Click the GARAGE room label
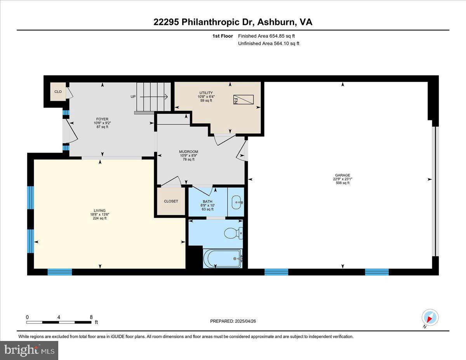pos(343,175)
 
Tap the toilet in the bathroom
pos(233,233)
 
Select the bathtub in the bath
pos(223,258)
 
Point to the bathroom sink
pos(237,202)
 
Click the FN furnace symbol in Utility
pos(243,99)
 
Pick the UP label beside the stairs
pos(133,97)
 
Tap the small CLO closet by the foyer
pos(58,92)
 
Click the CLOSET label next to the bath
pos(171,201)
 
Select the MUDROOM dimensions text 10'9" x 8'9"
pos(188,155)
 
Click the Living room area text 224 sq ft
pos(100,218)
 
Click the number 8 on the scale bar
pos(91,317)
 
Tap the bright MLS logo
pos(29,350)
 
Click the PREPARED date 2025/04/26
pos(245,321)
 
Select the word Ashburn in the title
pos(276,22)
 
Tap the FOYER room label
pos(102,119)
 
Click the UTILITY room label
pos(206,93)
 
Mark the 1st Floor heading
pos(223,36)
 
